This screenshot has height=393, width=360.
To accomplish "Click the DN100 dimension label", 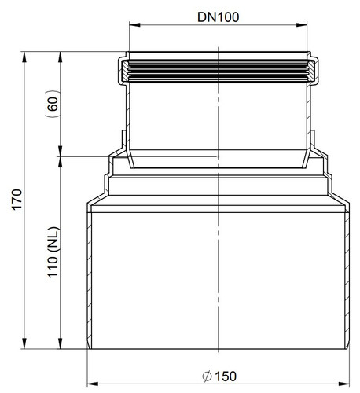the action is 218,17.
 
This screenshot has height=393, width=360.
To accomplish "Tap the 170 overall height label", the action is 17,199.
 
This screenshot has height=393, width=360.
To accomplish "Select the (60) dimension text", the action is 53,104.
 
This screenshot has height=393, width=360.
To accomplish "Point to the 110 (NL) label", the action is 53,252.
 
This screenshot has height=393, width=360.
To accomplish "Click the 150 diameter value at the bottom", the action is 226,376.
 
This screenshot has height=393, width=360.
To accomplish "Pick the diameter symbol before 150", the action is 207,376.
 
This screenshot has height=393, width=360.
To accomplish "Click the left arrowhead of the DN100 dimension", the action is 134,25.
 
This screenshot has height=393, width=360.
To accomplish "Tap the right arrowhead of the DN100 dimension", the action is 302,25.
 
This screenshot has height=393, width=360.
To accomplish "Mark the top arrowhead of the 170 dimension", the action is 24,57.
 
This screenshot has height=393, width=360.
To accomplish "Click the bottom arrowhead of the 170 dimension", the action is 24,343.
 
